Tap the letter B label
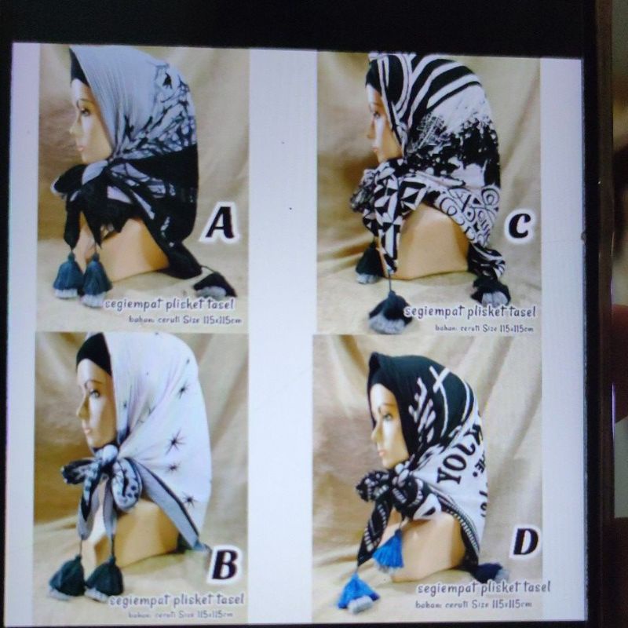[224, 564]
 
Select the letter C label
[518, 226]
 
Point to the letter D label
[524, 541]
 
